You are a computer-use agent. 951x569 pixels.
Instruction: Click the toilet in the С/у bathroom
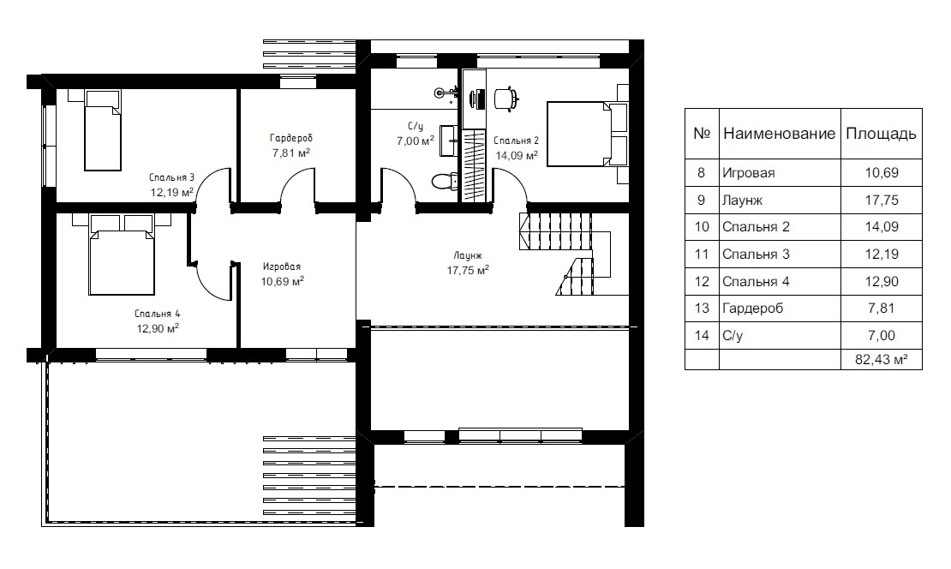click(x=445, y=181)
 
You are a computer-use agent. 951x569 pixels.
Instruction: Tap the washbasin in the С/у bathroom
click(x=449, y=141)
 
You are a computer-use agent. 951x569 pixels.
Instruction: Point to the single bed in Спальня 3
click(x=103, y=130)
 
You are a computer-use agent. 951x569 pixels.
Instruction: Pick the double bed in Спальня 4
click(x=122, y=254)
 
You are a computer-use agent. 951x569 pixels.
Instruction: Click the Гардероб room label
click(x=291, y=138)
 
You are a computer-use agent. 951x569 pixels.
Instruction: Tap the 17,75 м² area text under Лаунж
click(x=469, y=270)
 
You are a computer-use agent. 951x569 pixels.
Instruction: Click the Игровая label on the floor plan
click(x=281, y=267)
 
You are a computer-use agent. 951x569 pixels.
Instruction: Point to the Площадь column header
click(x=881, y=134)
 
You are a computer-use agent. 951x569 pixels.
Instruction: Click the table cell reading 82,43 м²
click(x=882, y=359)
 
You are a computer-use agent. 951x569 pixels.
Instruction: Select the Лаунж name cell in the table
click(x=742, y=201)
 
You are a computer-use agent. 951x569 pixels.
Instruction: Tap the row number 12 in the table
click(x=702, y=281)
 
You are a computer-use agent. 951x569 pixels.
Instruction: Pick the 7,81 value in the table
click(x=882, y=308)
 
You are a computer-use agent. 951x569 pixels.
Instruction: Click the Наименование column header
click(x=780, y=134)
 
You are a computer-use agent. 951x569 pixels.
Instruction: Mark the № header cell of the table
click(x=702, y=134)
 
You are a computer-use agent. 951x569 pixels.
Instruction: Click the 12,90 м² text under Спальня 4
click(x=158, y=328)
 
